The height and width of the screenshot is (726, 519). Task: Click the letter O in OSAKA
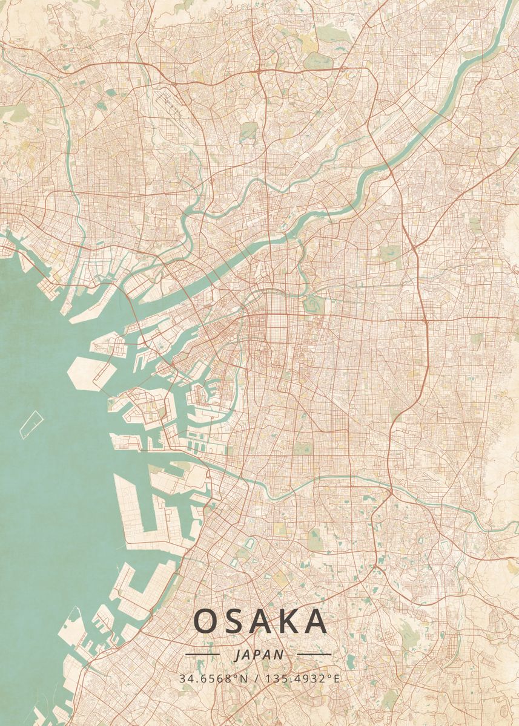point(207,621)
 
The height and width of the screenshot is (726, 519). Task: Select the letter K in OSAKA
point(289,621)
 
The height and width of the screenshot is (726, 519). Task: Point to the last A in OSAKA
point(316,621)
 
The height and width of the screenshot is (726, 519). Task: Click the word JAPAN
point(259,655)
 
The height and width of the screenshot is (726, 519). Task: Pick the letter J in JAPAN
point(236,655)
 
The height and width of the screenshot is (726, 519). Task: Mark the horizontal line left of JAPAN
point(202,654)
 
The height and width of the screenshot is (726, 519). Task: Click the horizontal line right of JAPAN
point(314,654)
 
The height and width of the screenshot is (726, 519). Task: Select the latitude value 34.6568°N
point(213,678)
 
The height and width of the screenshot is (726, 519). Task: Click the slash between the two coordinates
point(257,678)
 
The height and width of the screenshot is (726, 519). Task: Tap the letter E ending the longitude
point(337,678)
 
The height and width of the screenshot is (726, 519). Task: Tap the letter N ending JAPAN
point(279,655)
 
